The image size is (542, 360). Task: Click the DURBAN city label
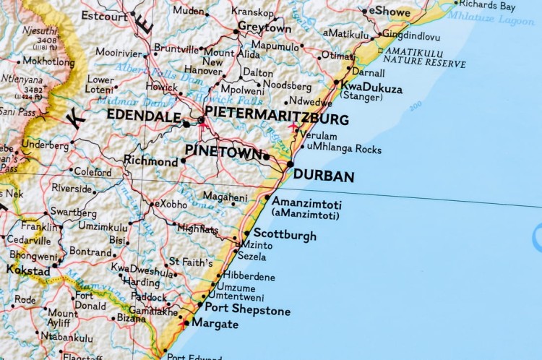(x=324, y=176)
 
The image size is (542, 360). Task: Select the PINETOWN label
(x=223, y=150)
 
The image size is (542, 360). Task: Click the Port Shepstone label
(x=247, y=311)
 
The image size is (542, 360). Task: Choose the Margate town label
(x=215, y=325)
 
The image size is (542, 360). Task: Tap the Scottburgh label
(x=284, y=236)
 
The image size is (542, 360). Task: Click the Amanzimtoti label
(x=306, y=205)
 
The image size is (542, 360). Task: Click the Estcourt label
(x=104, y=14)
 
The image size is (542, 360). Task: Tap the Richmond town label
(x=150, y=161)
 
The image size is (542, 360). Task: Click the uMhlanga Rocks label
(x=343, y=148)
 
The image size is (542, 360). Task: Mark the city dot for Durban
(x=290, y=165)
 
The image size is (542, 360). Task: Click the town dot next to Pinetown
(x=267, y=157)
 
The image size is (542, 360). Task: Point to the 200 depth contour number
(x=415, y=107)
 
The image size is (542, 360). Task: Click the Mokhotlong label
(x=48, y=62)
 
